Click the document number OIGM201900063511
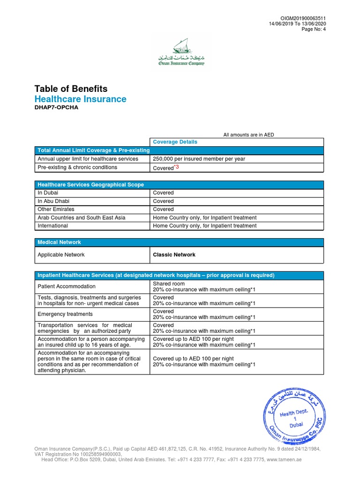[303, 18]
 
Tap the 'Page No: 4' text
[314, 30]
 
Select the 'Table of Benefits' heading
[71, 89]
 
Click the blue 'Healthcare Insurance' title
[80, 99]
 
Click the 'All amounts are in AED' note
[248, 135]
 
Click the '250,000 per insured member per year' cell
[199, 159]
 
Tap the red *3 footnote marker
[176, 167]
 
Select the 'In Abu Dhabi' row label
[53, 201]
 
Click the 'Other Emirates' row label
[56, 209]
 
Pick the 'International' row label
[52, 225]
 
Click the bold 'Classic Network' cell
[174, 255]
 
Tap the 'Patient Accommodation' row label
[67, 286]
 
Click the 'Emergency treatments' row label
[65, 314]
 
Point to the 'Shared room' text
[169, 284]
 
